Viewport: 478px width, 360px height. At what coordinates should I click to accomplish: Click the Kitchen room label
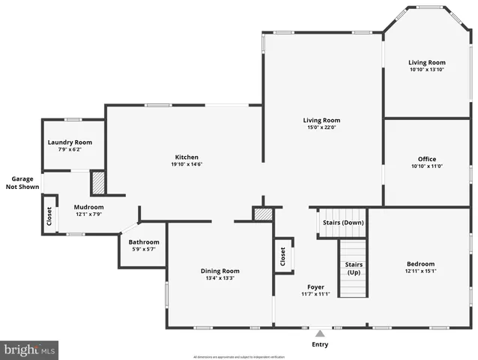tap(187, 157)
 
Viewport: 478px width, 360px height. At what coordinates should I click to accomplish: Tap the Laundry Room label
tap(70, 142)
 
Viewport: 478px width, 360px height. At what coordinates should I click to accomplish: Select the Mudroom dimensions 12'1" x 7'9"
tap(88, 214)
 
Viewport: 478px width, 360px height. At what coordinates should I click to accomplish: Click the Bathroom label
tap(143, 242)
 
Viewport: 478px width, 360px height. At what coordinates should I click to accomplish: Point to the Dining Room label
tap(220, 271)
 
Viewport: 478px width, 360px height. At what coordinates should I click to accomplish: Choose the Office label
tap(426, 159)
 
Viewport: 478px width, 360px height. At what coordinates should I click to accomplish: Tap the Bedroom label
tap(420, 264)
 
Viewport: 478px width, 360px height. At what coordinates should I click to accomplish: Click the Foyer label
tap(315, 286)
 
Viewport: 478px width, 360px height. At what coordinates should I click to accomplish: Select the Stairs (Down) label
tap(342, 223)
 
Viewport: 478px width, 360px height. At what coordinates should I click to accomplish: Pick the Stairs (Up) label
tap(354, 268)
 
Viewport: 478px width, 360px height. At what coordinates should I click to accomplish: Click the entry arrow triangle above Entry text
tap(320, 333)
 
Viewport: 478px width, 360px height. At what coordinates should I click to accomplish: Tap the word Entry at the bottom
tap(320, 344)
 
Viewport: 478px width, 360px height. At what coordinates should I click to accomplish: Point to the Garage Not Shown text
tap(22, 183)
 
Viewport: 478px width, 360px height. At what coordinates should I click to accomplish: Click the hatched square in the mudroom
tap(97, 183)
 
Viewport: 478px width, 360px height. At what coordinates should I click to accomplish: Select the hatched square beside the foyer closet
tap(262, 214)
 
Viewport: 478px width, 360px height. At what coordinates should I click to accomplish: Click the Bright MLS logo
tap(29, 349)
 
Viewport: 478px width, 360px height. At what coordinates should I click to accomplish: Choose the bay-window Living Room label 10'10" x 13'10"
tap(426, 66)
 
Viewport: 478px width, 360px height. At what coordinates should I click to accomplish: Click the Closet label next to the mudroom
tap(49, 217)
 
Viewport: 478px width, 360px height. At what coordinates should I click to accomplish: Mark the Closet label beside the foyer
tap(282, 257)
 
